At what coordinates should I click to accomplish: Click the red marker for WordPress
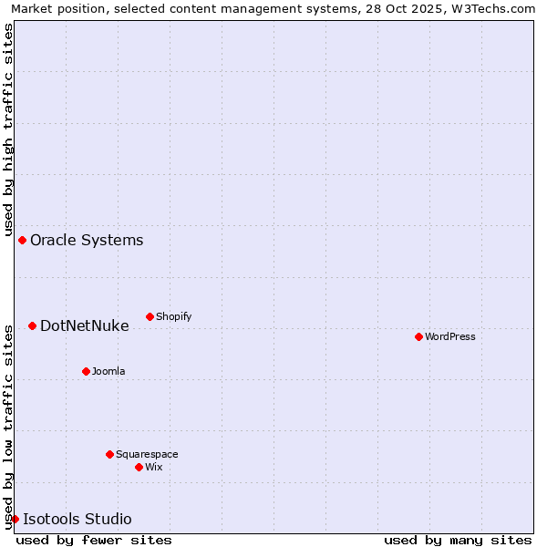(x=418, y=336)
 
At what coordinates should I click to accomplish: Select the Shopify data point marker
(x=150, y=316)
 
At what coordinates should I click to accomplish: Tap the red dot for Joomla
(x=86, y=371)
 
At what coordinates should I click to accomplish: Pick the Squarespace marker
(x=109, y=454)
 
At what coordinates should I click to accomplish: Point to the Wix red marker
(x=139, y=467)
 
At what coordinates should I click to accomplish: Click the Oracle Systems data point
(x=22, y=240)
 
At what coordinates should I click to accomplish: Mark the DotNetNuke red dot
(x=32, y=325)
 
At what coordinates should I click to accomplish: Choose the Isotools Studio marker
(x=15, y=519)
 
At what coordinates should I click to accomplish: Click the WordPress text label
(x=450, y=336)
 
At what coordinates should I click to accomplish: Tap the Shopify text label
(x=173, y=316)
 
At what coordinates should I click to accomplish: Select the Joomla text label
(x=108, y=371)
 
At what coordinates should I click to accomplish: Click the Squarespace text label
(x=147, y=454)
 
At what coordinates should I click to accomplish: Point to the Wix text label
(x=154, y=467)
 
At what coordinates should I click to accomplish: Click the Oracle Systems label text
(x=87, y=240)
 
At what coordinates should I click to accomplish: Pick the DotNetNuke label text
(x=85, y=325)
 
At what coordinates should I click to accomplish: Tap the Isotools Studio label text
(x=77, y=519)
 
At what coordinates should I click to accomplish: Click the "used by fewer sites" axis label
(x=94, y=540)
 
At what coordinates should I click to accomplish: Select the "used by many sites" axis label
(x=458, y=540)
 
